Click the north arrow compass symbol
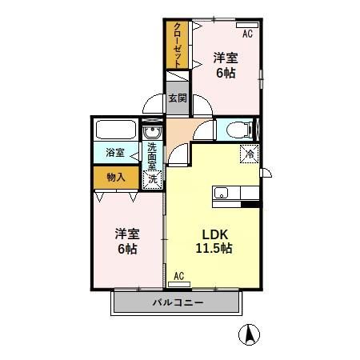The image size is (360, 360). pyautogui.click(x=251, y=337)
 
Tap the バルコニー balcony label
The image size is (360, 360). pyautogui.click(x=177, y=303)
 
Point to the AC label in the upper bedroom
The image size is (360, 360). pyautogui.click(x=247, y=34)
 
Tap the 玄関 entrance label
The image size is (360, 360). pyautogui.click(x=177, y=98)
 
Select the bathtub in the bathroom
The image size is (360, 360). pyautogui.click(x=116, y=131)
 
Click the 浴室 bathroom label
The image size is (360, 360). pyautogui.click(x=115, y=153)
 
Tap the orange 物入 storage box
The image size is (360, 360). pyautogui.click(x=115, y=177)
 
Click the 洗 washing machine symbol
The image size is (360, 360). pyautogui.click(x=152, y=179)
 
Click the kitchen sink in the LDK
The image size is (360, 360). pyautogui.click(x=222, y=193)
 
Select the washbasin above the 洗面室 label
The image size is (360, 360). pyautogui.click(x=152, y=133)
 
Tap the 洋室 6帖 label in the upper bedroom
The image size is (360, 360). pyautogui.click(x=226, y=64)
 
